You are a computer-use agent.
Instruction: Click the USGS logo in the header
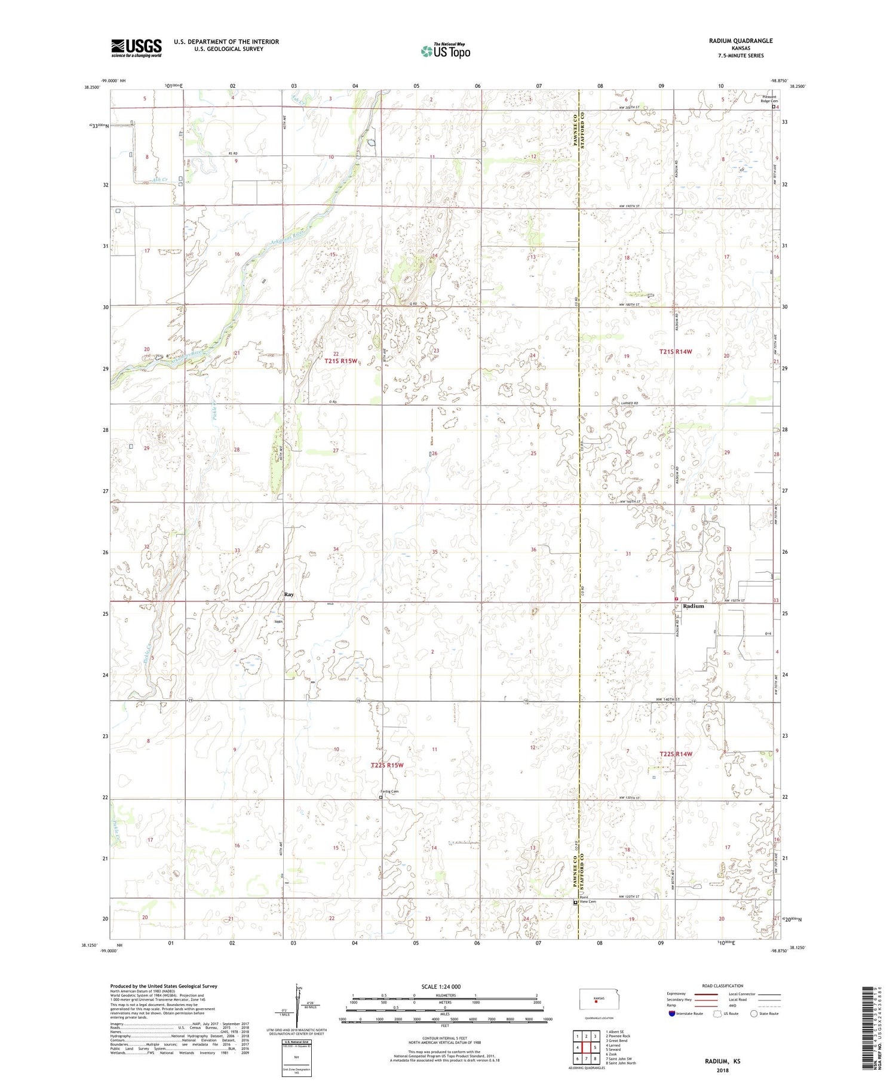click(x=136, y=48)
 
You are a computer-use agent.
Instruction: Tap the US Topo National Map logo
click(x=446, y=51)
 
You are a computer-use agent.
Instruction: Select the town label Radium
click(x=693, y=606)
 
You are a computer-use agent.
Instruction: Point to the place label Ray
click(x=289, y=594)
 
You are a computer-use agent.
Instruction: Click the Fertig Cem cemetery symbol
click(x=381, y=796)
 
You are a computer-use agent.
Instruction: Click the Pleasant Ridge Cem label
click(x=769, y=99)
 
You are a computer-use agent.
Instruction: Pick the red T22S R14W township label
click(x=676, y=754)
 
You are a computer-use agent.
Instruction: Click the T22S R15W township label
click(x=387, y=765)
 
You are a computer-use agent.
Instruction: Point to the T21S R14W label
click(x=676, y=352)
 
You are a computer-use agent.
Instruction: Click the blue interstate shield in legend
click(x=673, y=1014)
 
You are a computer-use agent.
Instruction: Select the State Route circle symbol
click(x=754, y=1014)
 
